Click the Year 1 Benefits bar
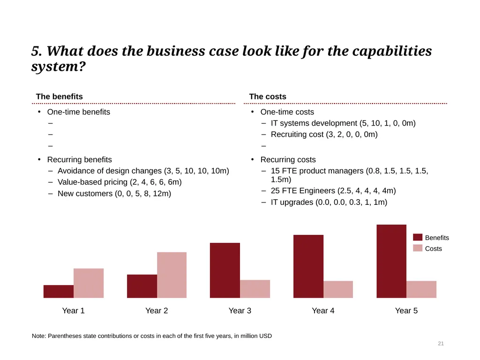(59, 292)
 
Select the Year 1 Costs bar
(89, 283)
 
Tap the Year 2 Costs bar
(172, 275)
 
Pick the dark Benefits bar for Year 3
(225, 270)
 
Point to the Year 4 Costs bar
(338, 289)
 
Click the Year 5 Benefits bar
(391, 261)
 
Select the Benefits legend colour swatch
(418, 237)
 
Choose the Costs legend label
(434, 248)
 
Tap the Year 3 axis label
(240, 311)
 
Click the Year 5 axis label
(406, 311)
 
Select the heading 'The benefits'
(60, 97)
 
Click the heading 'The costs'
(268, 97)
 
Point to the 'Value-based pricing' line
(120, 182)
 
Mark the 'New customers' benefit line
(114, 194)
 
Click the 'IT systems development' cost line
(343, 123)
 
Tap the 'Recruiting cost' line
(324, 135)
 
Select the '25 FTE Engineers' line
(333, 191)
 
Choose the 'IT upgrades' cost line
(329, 202)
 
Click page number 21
(441, 344)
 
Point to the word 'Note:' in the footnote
(39, 336)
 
